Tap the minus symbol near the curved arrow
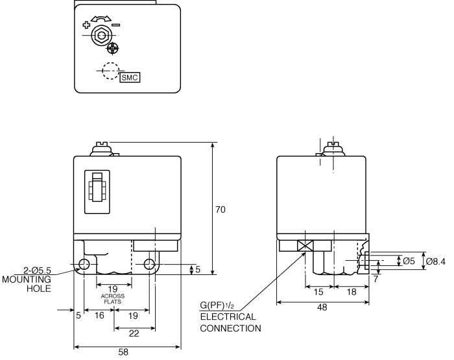pos(116,25)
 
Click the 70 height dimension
pos(221,210)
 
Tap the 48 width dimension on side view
pos(322,309)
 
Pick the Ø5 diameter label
pos(409,261)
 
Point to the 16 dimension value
pos(99,316)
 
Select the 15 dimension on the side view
pos(318,293)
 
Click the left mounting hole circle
pos(84,264)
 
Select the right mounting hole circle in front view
pos(150,264)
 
